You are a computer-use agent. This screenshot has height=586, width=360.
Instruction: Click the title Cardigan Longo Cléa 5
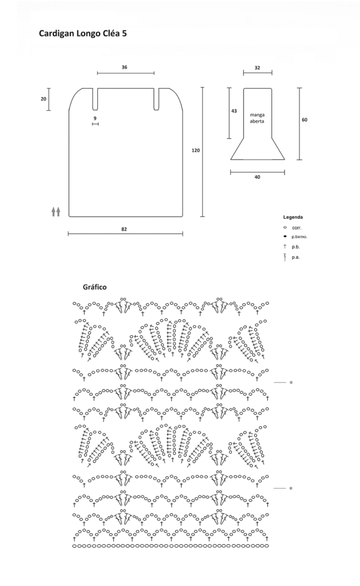click(x=82, y=34)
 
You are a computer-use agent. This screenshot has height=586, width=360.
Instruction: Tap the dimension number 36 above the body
click(x=125, y=68)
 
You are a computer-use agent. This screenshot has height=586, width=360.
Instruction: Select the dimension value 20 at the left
click(x=43, y=99)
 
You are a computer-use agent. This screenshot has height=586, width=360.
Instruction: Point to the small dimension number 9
click(x=95, y=118)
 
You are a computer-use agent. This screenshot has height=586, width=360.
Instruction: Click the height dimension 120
click(x=196, y=151)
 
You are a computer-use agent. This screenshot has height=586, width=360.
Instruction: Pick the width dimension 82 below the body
click(x=124, y=229)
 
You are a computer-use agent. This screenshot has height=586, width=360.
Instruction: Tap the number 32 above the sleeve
click(x=257, y=68)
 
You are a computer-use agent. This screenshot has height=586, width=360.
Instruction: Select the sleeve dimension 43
click(x=234, y=111)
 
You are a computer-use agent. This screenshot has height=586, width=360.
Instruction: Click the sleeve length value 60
click(x=304, y=120)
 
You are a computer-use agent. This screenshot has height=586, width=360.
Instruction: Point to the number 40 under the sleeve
click(x=257, y=177)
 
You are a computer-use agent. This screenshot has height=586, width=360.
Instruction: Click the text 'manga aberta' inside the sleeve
click(x=257, y=118)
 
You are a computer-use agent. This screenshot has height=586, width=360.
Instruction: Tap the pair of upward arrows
click(x=56, y=212)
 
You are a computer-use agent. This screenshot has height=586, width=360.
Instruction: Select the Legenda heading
click(x=293, y=217)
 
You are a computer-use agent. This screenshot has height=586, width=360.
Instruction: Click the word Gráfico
click(x=94, y=287)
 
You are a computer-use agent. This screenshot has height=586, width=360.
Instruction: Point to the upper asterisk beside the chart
click(x=291, y=383)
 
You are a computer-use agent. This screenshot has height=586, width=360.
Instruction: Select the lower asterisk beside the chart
click(x=291, y=489)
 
